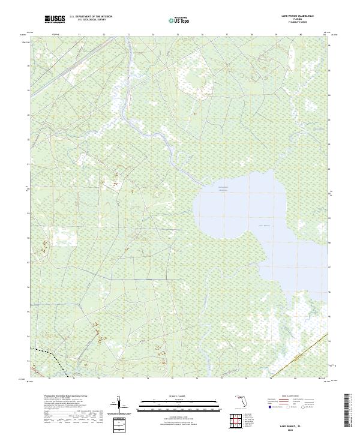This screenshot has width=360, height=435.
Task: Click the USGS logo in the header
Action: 55,20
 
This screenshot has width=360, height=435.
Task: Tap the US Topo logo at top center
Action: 179,20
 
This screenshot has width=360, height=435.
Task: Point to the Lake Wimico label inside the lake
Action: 265,225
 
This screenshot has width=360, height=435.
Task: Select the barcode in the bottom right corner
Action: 347,414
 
